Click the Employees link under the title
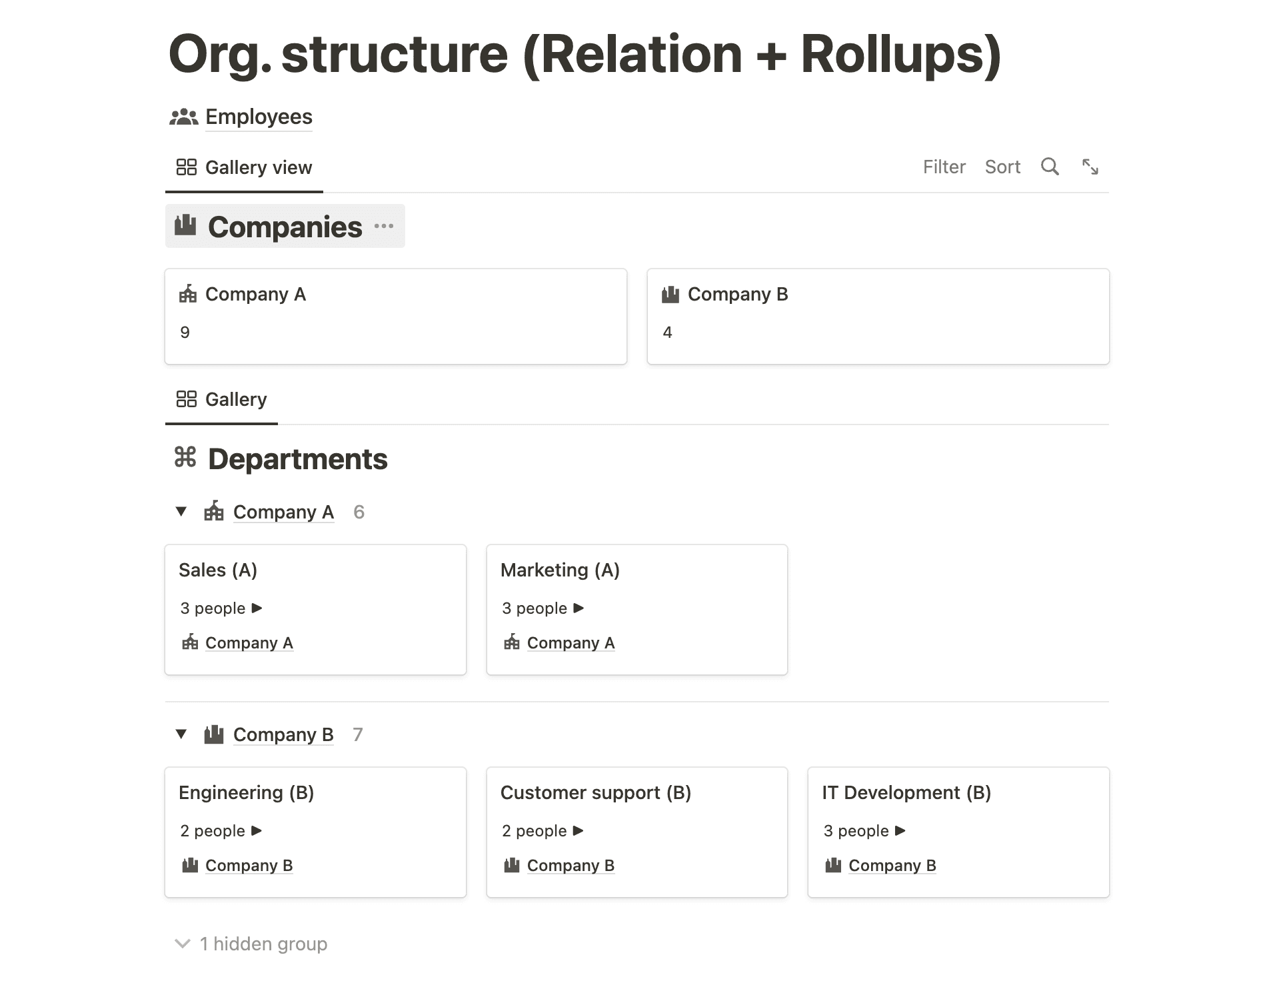258,117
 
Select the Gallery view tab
245,167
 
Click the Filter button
944,167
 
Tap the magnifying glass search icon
1050,167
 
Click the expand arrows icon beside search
1090,167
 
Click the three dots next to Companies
384,227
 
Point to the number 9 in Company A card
185,333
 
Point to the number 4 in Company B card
667,333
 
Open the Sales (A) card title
218,570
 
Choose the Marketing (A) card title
560,570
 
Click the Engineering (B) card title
246,792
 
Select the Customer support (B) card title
595,792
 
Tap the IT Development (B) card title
906,792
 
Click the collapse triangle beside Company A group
181,512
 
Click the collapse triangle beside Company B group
181,734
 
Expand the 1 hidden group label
263,944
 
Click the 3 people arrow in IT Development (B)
900,830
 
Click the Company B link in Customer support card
571,865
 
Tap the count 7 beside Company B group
358,734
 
